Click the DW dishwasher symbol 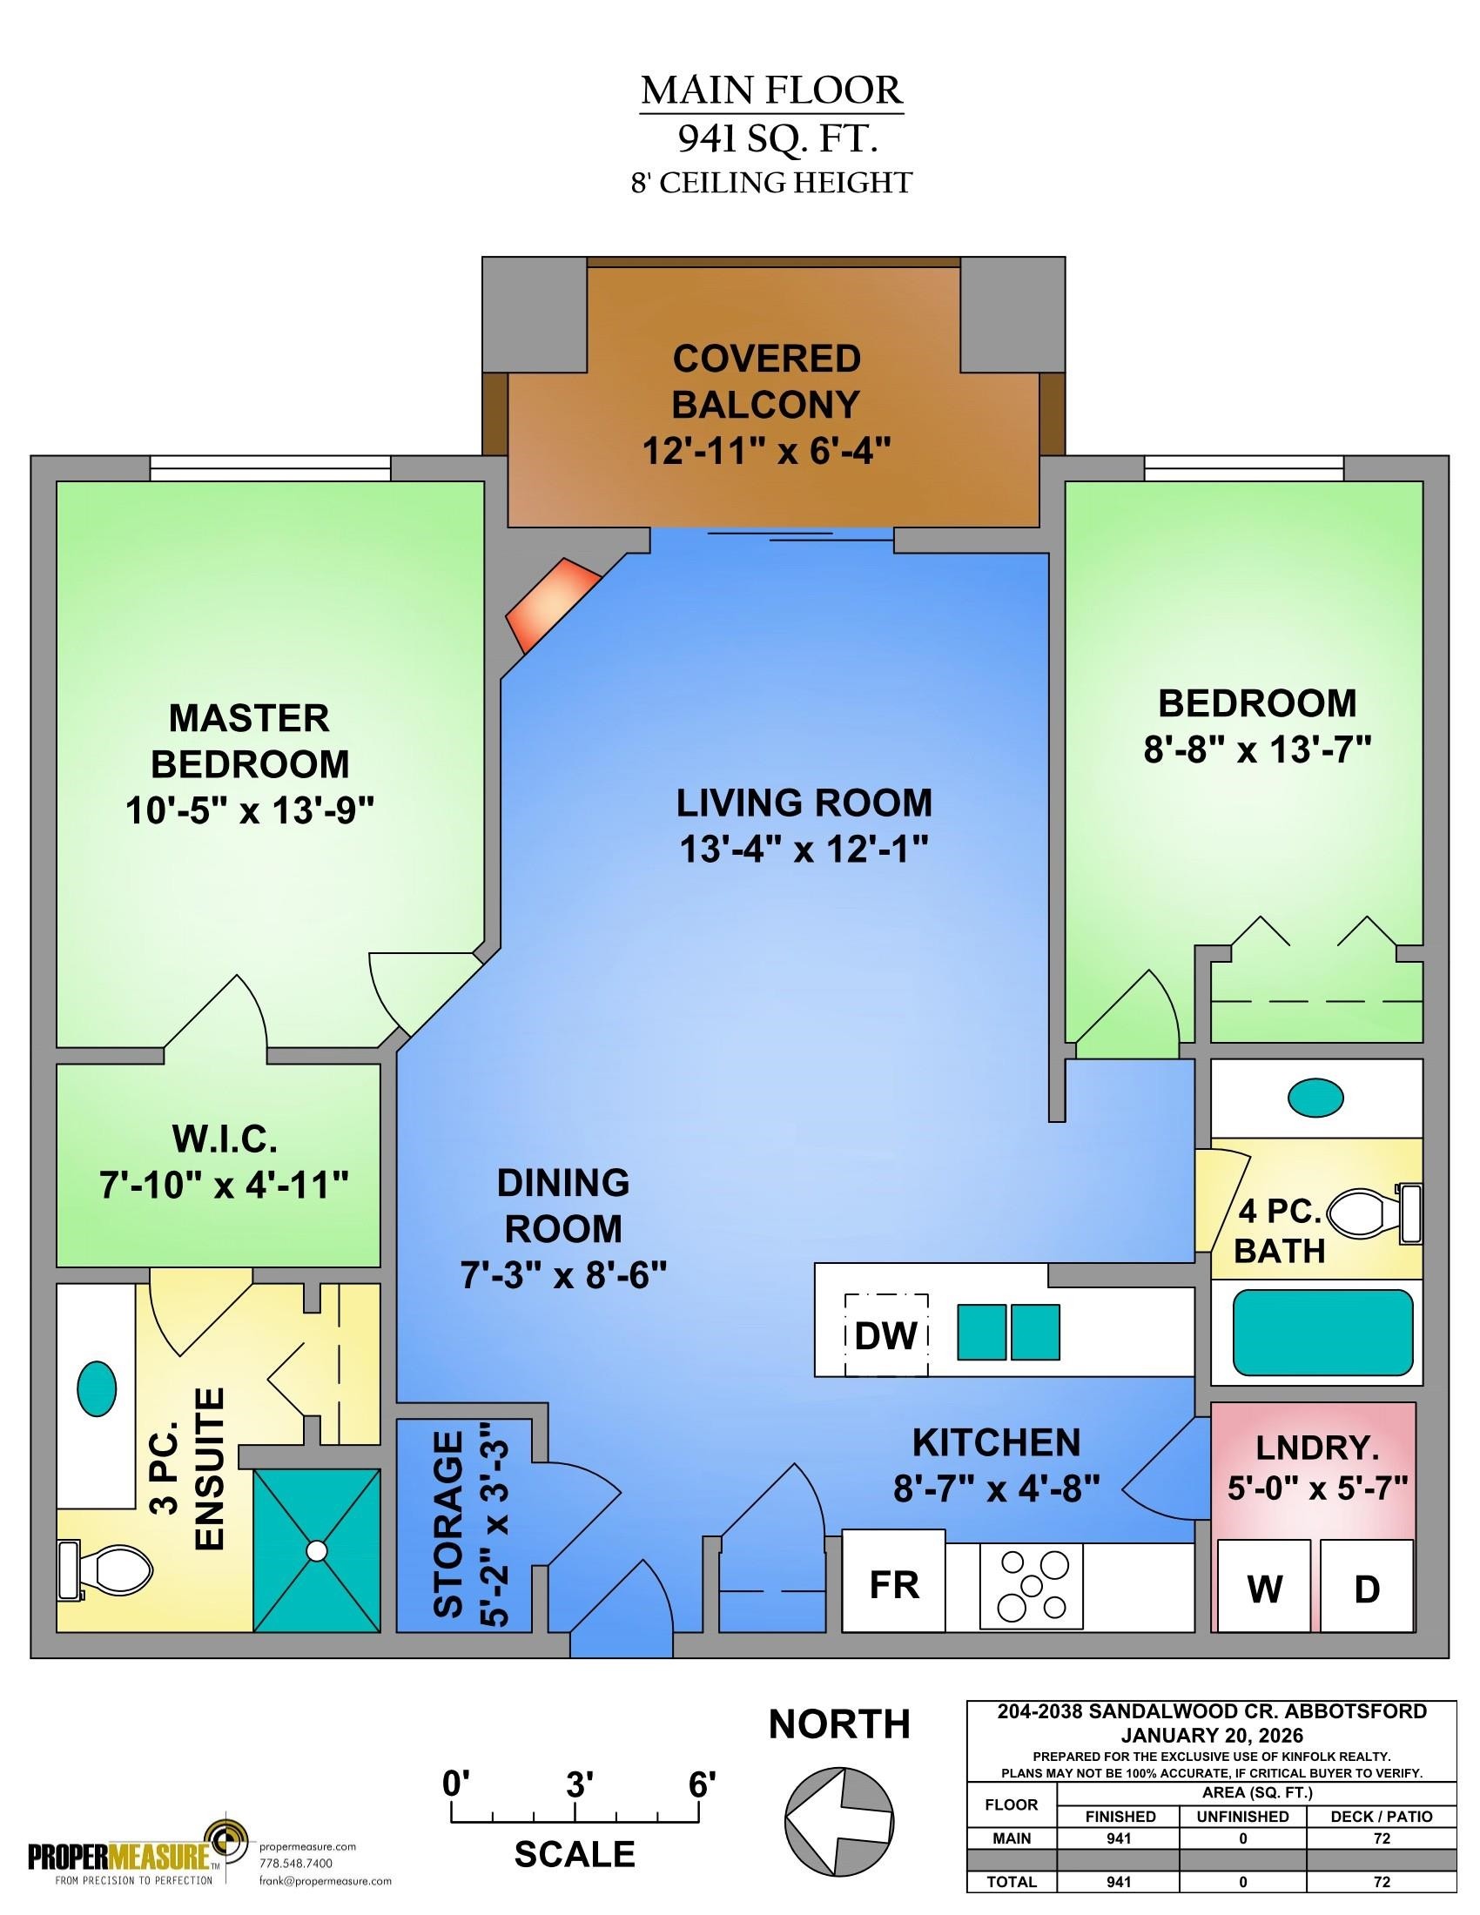[885, 1335]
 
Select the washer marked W [1263, 1585]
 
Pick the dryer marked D [1367, 1585]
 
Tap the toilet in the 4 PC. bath [1374, 1214]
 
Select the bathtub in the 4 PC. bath [1323, 1333]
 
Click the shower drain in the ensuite [317, 1550]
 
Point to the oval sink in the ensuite [98, 1388]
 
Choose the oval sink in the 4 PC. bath [1315, 1096]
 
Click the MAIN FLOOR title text [771, 91]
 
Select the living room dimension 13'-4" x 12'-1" [804, 849]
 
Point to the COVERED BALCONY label [766, 381]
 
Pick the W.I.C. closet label [225, 1141]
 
